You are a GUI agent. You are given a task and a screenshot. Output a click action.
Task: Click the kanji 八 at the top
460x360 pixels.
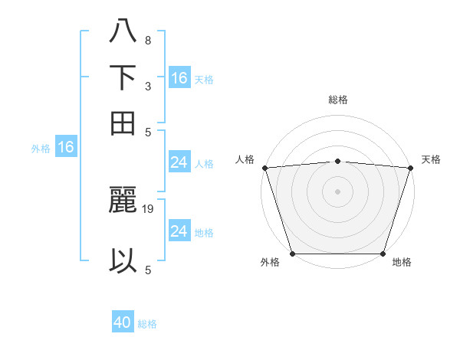pos(123,32)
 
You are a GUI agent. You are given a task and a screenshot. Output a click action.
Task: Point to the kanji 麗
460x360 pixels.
pos(123,201)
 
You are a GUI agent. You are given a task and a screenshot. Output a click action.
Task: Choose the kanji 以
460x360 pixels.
pos(123,260)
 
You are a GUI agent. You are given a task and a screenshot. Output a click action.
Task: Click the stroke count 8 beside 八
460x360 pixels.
pos(147,40)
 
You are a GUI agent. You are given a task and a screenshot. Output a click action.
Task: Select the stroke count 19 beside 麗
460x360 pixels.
pos(149,208)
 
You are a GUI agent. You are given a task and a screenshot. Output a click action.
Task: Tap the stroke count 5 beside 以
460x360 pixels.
pos(147,269)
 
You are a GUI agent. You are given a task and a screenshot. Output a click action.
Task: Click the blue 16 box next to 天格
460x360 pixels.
pos(179,77)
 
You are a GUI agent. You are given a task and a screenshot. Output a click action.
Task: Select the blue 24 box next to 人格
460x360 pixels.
pos(179,162)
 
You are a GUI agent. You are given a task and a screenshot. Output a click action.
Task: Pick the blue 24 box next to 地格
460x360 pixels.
pos(179,231)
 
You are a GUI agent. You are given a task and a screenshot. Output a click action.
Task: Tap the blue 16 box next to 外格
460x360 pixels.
pos(66,147)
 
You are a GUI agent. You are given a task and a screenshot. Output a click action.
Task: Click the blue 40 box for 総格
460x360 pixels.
pos(123,322)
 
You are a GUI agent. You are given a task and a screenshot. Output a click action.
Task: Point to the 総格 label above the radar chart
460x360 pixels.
pos(337,100)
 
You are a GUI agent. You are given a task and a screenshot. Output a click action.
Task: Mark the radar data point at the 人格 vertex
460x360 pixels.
pos(264,168)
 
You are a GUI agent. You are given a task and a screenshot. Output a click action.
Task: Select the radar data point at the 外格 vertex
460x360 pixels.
pos(292,254)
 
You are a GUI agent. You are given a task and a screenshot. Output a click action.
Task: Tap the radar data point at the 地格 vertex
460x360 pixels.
pos(383,254)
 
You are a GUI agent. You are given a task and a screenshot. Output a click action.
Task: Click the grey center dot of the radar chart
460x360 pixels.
pos(337,191)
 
